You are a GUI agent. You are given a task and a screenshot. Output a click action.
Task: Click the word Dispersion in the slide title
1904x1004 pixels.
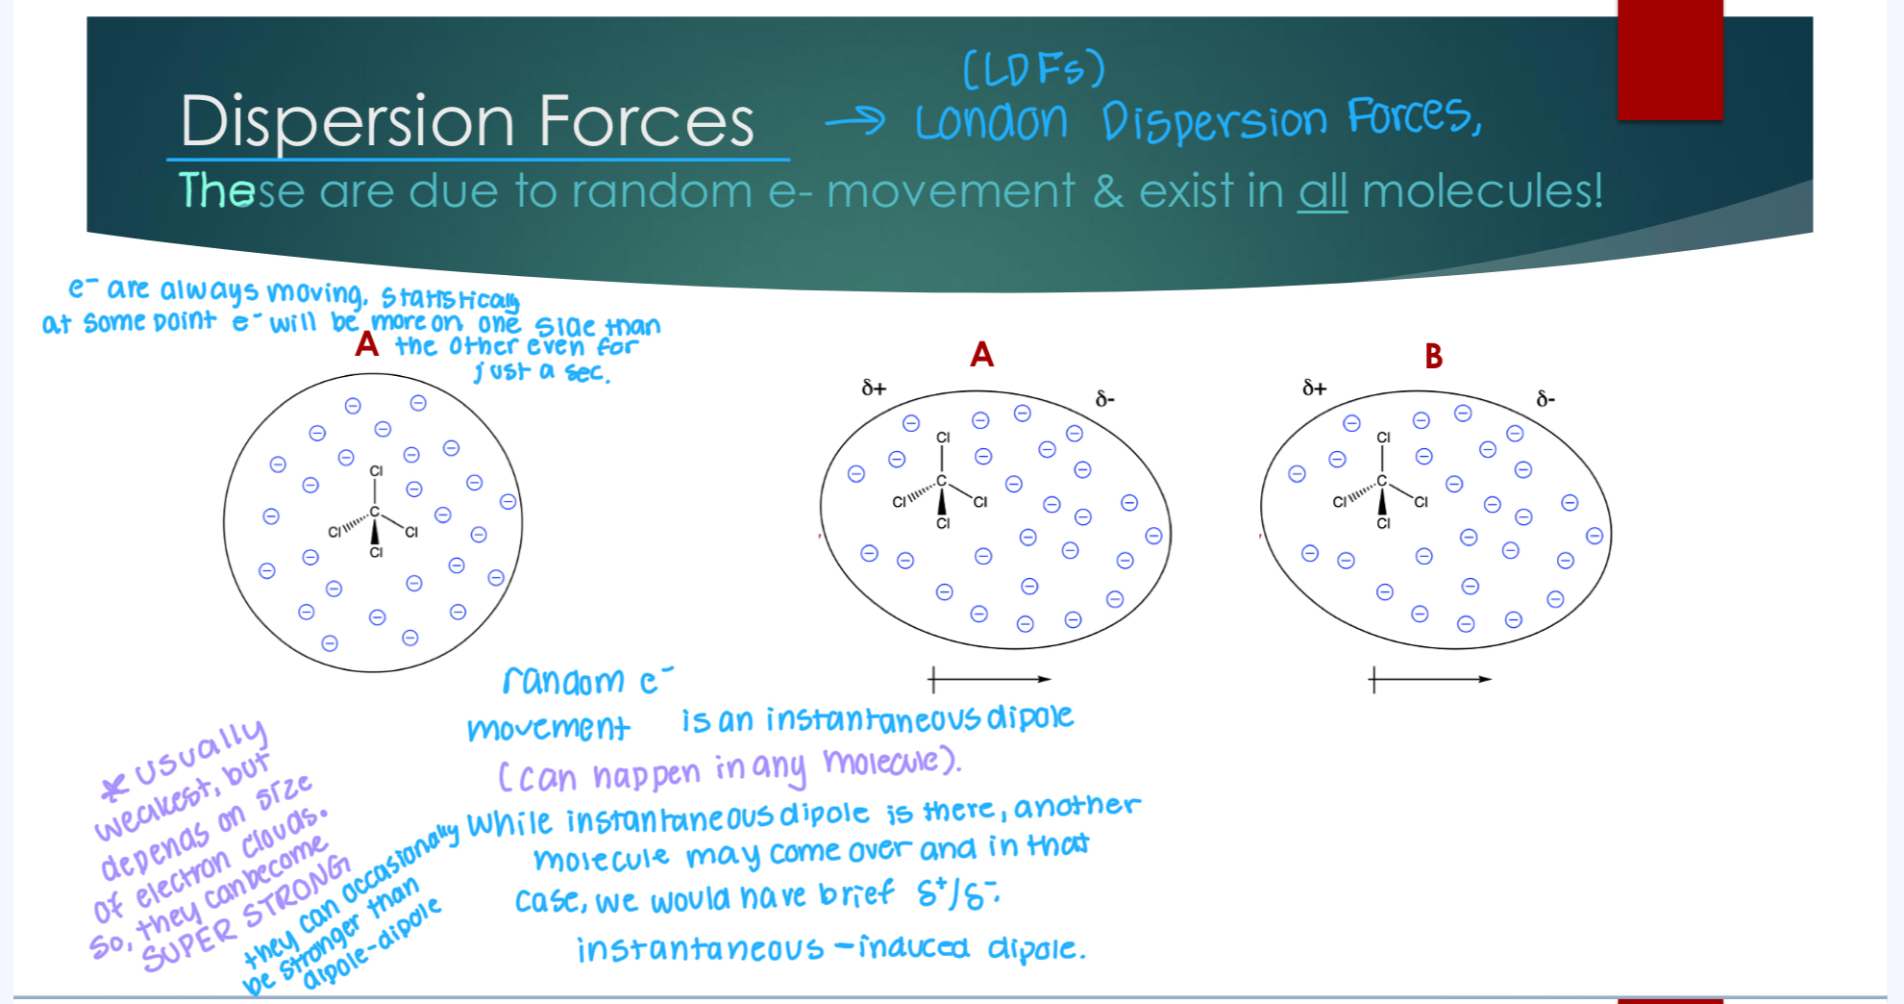pos(348,122)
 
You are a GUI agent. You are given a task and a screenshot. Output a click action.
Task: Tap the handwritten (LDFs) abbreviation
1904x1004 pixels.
pos(1033,69)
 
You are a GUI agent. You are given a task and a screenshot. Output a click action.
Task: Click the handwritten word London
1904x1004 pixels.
pos(991,122)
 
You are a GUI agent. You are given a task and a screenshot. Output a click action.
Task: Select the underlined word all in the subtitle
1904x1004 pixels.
pos(1323,190)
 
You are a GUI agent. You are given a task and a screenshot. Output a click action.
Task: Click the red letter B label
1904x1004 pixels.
pos(1433,356)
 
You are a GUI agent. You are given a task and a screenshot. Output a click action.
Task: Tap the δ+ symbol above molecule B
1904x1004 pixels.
pos(1314,388)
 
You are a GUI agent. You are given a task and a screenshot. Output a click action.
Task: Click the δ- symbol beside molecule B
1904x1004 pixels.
pos(1545,398)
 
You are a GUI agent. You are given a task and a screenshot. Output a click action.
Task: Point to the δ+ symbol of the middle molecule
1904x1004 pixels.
pos(874,388)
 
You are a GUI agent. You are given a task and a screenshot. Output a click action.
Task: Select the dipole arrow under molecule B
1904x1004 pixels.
pos(1430,680)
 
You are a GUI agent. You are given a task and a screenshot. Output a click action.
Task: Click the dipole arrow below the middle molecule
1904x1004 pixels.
pos(990,680)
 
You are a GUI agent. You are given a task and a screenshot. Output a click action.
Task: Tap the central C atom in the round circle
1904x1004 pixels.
pos(375,512)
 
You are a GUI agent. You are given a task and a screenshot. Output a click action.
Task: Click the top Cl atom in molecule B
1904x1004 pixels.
pos(1383,437)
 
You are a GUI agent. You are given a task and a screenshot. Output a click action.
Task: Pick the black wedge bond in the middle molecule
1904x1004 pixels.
pos(942,501)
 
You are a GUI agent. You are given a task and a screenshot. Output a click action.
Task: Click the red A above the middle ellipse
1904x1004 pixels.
pos(981,355)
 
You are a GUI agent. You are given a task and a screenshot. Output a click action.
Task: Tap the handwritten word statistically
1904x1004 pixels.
pos(450,298)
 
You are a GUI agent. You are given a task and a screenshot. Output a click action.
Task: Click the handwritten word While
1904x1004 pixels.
pos(509,824)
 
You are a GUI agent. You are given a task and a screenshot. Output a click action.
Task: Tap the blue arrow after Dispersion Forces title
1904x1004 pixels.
pos(854,120)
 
